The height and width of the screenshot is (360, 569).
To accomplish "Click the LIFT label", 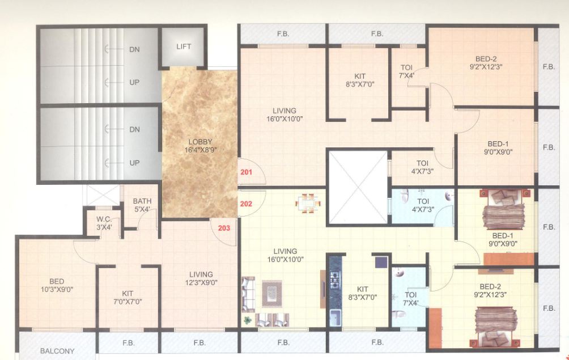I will coord(184,46).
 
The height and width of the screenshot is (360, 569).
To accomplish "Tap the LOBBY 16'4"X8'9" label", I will coord(201,146).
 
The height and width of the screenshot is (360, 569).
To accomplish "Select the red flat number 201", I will coord(246,173).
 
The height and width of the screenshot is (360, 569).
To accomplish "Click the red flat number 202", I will coord(246,204).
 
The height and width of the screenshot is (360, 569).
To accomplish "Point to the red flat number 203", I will coord(224,228).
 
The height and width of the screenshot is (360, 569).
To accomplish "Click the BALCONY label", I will coord(57,351).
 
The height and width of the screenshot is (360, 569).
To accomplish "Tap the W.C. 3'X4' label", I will coord(104,223).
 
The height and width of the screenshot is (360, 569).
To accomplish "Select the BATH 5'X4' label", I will coord(142,205).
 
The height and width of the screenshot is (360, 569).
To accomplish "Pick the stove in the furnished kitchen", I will coord(334,279).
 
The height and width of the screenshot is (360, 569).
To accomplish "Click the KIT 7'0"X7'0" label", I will coord(128,297).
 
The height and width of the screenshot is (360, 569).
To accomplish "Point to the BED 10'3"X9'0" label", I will coord(57,285).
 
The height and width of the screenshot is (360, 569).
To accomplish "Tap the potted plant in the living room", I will coord(248,320).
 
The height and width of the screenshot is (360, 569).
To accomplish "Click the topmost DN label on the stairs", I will coord(134,49).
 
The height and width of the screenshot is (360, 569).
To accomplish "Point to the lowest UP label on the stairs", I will coord(134,163).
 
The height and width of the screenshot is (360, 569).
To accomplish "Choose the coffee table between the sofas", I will coord(271,292).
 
